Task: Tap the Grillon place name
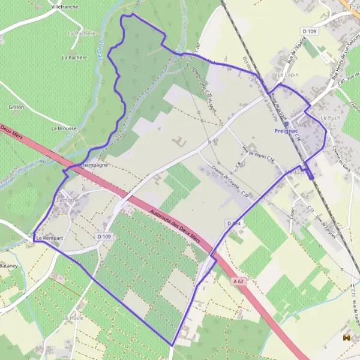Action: point(16,107)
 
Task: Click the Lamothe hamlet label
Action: point(67,199)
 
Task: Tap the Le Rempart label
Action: point(50,239)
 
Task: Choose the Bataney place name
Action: point(9,265)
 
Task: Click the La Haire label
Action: point(72,317)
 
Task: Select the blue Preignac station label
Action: point(285,130)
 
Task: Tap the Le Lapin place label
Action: point(289,75)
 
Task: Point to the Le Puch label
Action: point(330,118)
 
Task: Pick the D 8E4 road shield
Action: point(233,223)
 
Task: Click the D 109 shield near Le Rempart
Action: point(104,237)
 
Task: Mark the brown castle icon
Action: point(346,338)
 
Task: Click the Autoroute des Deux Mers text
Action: point(177,226)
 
